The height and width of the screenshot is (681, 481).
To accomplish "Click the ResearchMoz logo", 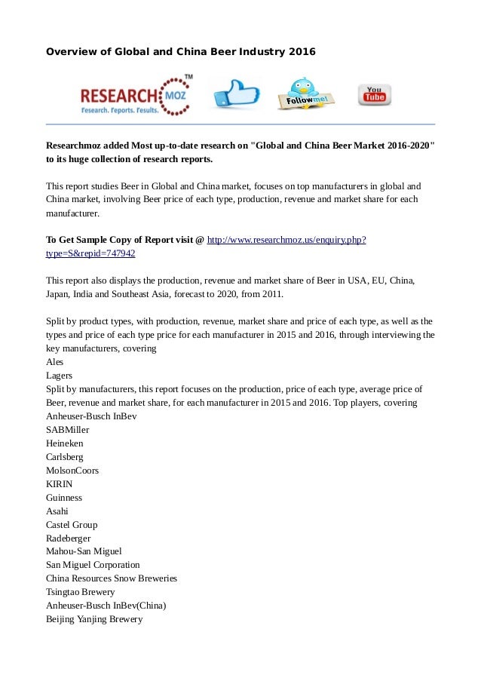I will [x=136, y=94].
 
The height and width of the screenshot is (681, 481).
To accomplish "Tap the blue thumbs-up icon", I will [x=235, y=94].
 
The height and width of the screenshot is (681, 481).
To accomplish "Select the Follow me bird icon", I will [x=305, y=94].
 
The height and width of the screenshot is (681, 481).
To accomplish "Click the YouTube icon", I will [x=374, y=94].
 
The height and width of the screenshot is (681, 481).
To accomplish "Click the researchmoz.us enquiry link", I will [x=286, y=240].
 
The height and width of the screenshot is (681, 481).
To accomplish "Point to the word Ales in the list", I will [x=55, y=362].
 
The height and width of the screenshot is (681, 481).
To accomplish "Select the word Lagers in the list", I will [x=60, y=376].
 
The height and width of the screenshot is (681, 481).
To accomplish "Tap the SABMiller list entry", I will [x=68, y=430].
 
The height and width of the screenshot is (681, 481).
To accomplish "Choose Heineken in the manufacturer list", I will [x=65, y=443].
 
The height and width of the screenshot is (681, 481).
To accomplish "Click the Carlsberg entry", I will [x=65, y=457].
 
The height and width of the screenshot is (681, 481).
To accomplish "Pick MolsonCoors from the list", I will [x=72, y=471].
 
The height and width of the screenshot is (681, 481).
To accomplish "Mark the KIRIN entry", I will [x=60, y=484].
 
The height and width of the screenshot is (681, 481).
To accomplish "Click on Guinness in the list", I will [x=64, y=498].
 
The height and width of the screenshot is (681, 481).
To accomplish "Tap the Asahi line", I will [x=57, y=511].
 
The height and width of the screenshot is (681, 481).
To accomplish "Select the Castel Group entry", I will [x=72, y=525].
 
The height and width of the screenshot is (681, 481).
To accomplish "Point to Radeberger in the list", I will [x=68, y=538].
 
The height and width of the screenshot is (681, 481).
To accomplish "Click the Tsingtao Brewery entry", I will [x=80, y=592].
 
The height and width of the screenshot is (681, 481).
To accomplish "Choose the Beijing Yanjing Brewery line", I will [x=94, y=619].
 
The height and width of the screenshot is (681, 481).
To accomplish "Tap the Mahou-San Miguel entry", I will [x=84, y=551].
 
